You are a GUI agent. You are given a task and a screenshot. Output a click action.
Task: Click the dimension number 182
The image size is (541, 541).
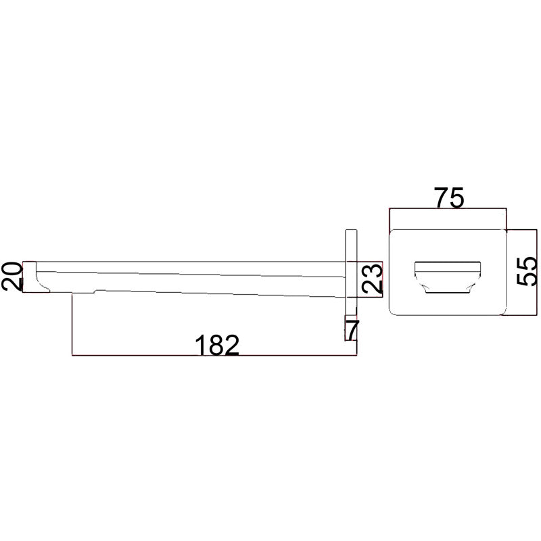pos(217,345)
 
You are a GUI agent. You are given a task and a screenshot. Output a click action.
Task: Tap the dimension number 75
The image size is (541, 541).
pos(449,197)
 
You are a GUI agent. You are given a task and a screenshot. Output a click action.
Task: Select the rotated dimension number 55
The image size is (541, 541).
pos(527,271)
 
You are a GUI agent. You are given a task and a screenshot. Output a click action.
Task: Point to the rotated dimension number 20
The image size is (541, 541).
pos(11,276)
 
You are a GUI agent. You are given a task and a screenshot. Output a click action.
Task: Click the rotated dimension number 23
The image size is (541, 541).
pos(373,279)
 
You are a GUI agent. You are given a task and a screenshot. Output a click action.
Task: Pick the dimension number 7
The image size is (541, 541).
pos(353,330)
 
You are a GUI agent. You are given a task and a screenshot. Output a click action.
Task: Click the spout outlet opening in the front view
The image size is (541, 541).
pos(448,277)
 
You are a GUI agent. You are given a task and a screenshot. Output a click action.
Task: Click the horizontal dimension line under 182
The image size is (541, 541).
pos(214,355)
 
